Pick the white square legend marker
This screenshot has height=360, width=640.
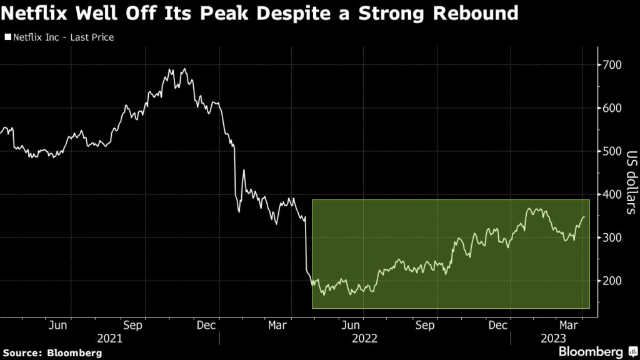click(7, 37)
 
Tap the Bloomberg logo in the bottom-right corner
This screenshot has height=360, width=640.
click(599, 352)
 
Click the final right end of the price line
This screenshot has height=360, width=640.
click(584, 217)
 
